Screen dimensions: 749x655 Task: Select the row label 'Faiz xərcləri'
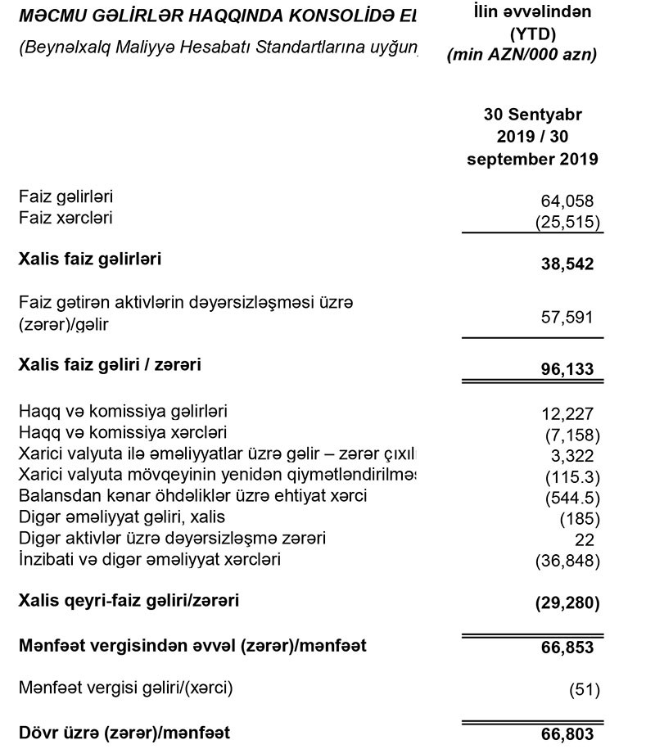pyautogui.click(x=65, y=218)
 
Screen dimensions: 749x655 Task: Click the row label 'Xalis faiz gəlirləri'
pyautogui.click(x=90, y=259)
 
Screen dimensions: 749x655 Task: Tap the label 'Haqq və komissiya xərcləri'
pyautogui.click(x=123, y=431)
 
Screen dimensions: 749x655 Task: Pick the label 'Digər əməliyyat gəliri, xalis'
pyautogui.click(x=121, y=517)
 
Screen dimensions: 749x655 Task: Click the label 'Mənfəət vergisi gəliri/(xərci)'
pyautogui.click(x=125, y=688)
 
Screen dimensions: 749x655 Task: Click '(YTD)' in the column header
pyautogui.click(x=533, y=35)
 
